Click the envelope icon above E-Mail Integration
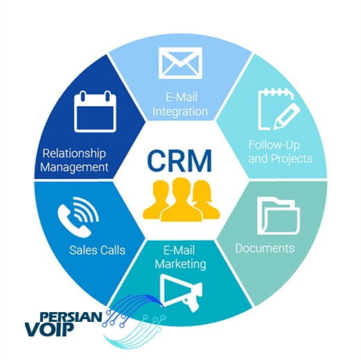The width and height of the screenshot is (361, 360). (180, 63)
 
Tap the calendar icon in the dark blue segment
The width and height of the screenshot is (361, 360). (95, 112)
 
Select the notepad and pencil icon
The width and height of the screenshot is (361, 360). (279, 109)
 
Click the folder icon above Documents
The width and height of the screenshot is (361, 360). (279, 216)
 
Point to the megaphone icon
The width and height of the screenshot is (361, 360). (182, 293)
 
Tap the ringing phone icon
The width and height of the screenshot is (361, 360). (78, 217)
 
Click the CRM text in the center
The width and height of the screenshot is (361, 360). (179, 161)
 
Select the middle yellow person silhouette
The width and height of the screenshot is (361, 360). (182, 200)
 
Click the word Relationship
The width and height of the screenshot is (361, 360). (74, 154)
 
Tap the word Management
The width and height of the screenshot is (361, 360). (74, 167)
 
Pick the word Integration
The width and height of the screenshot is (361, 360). (180, 112)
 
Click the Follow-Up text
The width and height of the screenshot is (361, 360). (274, 146)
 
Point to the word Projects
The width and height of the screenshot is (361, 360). (292, 159)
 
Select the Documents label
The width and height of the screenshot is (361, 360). (265, 248)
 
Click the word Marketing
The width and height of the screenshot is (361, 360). (180, 264)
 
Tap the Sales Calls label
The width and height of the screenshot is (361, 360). (97, 250)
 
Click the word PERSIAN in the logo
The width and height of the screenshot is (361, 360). (71, 317)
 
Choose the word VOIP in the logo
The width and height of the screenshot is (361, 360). (49, 329)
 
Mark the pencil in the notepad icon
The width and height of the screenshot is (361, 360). (287, 116)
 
